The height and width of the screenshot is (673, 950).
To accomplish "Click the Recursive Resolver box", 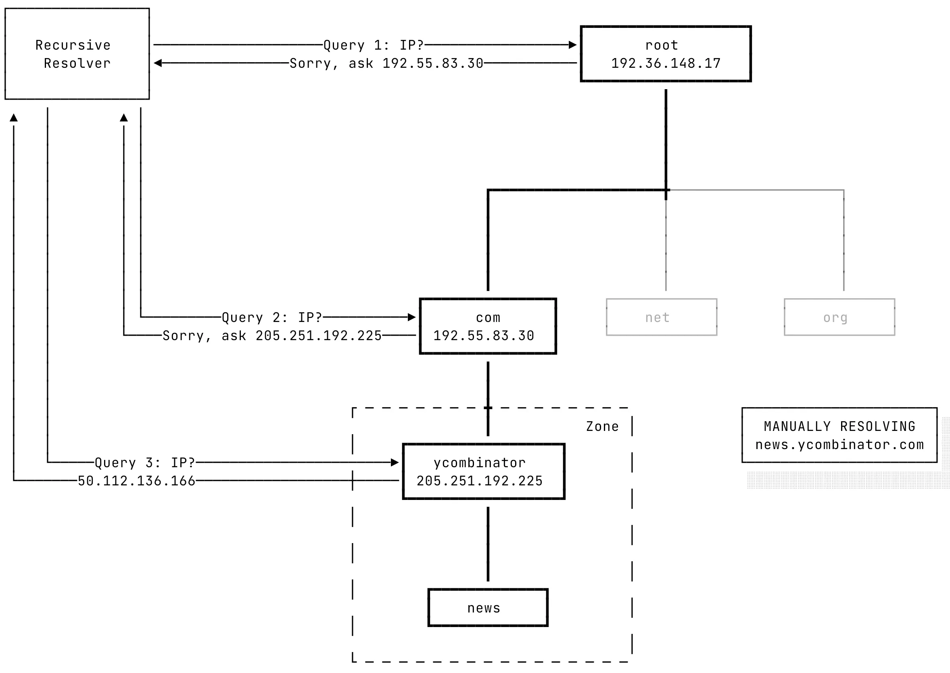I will point(77,54).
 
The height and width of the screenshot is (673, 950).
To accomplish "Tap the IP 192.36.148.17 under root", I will point(665,63).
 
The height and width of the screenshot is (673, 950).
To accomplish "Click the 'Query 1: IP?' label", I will point(373,45).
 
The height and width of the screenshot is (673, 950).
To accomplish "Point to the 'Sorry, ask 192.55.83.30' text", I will point(386,63).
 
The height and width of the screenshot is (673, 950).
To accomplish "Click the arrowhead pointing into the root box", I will point(572,45).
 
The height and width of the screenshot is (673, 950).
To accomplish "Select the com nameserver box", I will point(488,326).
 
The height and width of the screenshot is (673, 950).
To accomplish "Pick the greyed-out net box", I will point(661,317).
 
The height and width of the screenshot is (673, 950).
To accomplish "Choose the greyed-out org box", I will point(839,317).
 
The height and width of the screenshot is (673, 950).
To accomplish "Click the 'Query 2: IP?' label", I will point(272,318).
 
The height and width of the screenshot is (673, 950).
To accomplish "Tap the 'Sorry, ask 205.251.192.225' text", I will point(272,336).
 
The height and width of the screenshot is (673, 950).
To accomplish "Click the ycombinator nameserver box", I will point(484,471).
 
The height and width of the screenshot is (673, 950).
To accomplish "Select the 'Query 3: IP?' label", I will point(144,462).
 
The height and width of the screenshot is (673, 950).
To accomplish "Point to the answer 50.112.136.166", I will point(136,481).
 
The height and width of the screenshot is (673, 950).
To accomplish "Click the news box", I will point(488,608).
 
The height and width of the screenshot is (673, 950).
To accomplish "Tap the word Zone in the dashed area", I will point(602,426).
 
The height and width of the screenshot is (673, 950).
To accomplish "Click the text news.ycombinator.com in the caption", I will point(839,445).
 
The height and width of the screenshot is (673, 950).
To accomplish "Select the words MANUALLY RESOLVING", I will point(839,426).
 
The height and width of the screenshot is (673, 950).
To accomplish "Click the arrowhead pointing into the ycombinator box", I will point(395,462).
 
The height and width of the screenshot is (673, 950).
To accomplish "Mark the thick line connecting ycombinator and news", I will point(488,544).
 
